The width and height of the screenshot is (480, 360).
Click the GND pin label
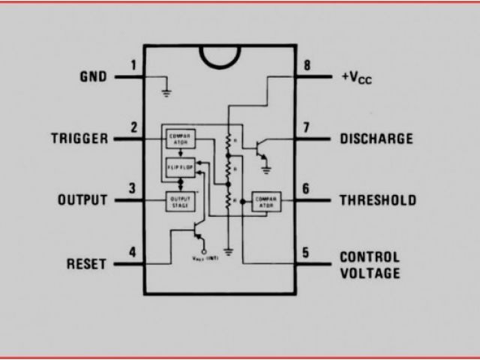click(x=93, y=76)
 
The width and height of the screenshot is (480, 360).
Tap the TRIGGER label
click(x=79, y=139)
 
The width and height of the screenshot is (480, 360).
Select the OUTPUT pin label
click(x=82, y=200)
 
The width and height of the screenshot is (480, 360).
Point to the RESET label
click(x=87, y=264)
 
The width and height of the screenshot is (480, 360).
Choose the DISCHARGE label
click(x=376, y=139)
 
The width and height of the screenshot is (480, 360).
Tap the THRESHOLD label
click(x=378, y=200)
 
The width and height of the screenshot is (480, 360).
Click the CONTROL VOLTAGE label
click(x=370, y=265)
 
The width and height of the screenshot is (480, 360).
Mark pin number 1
click(x=133, y=65)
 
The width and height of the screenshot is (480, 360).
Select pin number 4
click(x=133, y=252)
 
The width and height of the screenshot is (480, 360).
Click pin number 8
click(x=306, y=65)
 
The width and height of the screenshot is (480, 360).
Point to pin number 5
click(x=306, y=252)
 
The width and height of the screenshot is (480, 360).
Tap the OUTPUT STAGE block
click(x=179, y=201)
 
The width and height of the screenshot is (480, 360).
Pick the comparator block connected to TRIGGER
click(x=180, y=138)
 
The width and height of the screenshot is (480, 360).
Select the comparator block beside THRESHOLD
click(x=265, y=201)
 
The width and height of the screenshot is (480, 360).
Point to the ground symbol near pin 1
click(x=166, y=93)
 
